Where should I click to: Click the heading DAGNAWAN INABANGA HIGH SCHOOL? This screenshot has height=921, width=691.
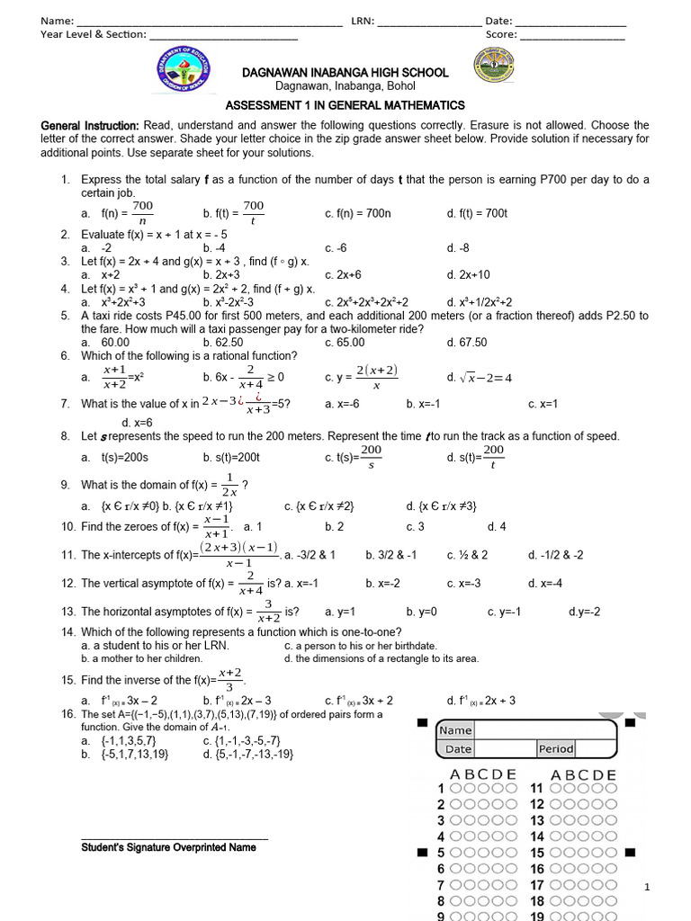344,71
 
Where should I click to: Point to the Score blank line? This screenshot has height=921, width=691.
571,37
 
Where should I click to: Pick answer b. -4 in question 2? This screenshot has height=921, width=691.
214,248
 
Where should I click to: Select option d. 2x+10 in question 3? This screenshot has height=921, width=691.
468,275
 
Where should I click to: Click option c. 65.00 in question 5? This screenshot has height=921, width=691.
345,343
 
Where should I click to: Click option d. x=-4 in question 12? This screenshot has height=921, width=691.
544,583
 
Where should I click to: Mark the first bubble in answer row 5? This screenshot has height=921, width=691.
457,853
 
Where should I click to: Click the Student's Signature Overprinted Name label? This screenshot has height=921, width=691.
168,847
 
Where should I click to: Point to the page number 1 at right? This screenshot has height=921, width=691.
646,889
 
